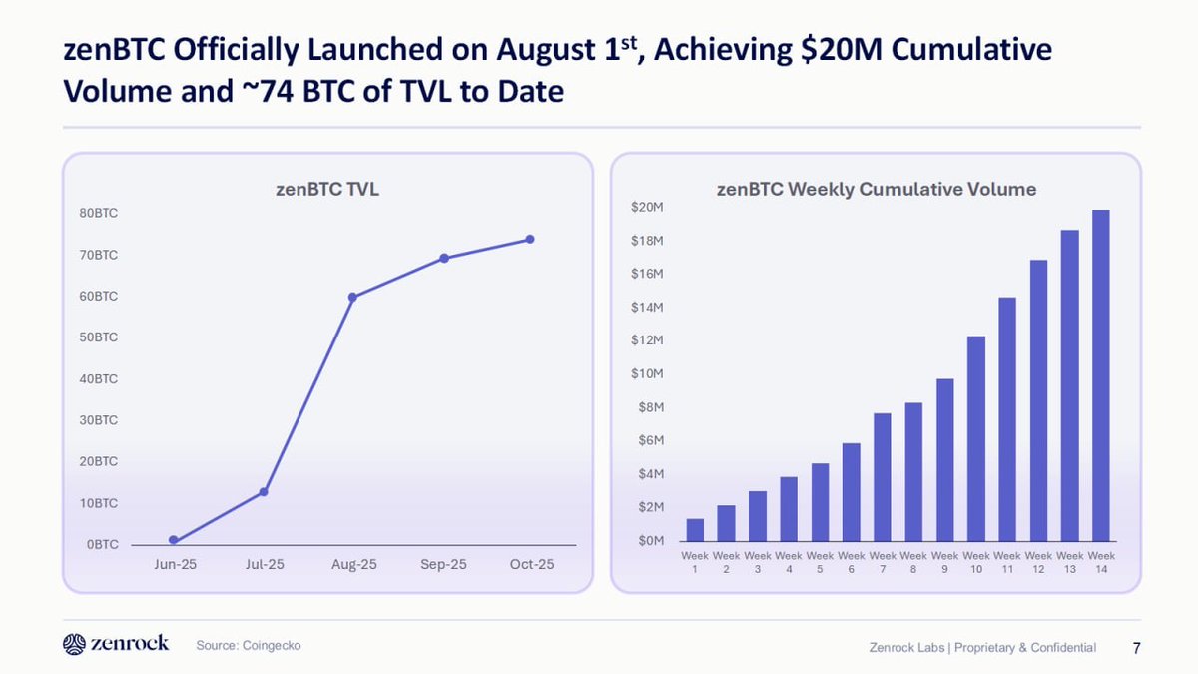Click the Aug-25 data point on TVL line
tap(352, 297)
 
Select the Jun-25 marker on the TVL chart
tap(174, 540)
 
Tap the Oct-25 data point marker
tap(530, 239)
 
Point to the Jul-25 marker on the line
tap(264, 492)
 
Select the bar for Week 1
tap(695, 530)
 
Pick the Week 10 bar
tap(976, 438)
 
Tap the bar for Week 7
tap(883, 476)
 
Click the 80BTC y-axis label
tap(99, 213)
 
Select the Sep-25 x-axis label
tap(443, 565)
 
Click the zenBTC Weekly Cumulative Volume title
tap(877, 189)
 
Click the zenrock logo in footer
tap(116, 644)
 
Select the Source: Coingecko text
tap(248, 646)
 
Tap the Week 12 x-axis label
tap(1038, 562)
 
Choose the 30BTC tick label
tap(99, 420)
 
